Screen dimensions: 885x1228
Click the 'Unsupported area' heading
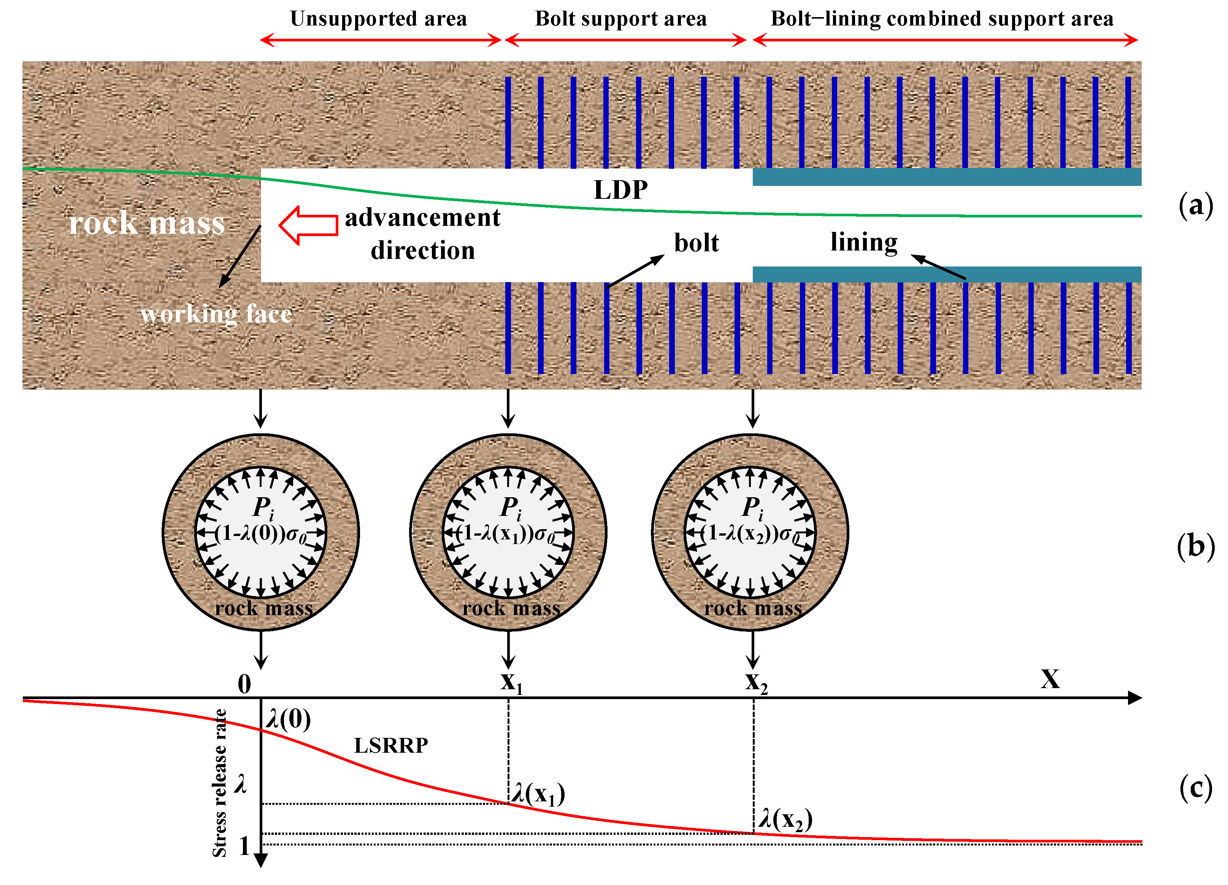(x=378, y=19)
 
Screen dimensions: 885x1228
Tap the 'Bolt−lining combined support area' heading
(x=942, y=19)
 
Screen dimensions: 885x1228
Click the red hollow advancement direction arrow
(x=308, y=225)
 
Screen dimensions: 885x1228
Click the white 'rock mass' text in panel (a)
(x=147, y=223)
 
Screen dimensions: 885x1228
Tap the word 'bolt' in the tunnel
(x=696, y=243)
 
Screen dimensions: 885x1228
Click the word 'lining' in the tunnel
(x=864, y=242)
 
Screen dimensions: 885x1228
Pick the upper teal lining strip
(x=946, y=177)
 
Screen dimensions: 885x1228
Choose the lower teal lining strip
(x=946, y=274)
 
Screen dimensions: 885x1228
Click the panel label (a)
(x=1196, y=206)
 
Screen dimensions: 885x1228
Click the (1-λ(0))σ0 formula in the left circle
(x=260, y=534)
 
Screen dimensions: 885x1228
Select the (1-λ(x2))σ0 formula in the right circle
(x=750, y=534)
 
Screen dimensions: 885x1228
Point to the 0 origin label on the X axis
(x=244, y=684)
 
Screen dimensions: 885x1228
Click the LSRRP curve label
(x=391, y=745)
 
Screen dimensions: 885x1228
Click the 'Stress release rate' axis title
(x=219, y=783)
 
